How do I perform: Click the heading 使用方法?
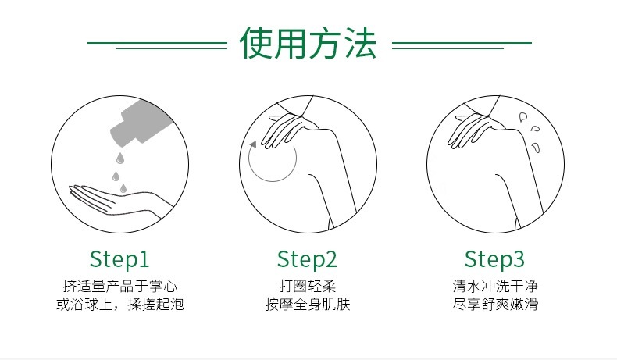point(308,43)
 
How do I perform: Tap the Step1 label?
point(119,259)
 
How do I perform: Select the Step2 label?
point(307,259)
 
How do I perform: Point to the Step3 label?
point(494,259)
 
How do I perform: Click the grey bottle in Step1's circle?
point(141,122)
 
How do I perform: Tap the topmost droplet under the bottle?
point(120,159)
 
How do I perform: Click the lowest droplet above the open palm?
point(123,188)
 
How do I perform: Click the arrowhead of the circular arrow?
point(253,144)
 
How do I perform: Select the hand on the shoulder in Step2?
point(289,129)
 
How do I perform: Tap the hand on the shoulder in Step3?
point(476,129)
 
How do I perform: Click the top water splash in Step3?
point(523,117)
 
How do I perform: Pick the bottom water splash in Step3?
point(536,148)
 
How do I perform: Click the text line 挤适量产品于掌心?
point(120,286)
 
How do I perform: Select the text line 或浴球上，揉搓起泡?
point(120,304)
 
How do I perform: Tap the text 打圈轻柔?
point(307,286)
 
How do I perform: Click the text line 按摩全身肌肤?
point(307,304)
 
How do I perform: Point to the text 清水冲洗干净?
point(495,286)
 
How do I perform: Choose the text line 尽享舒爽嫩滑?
point(495,304)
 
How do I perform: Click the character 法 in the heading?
point(360,43)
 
